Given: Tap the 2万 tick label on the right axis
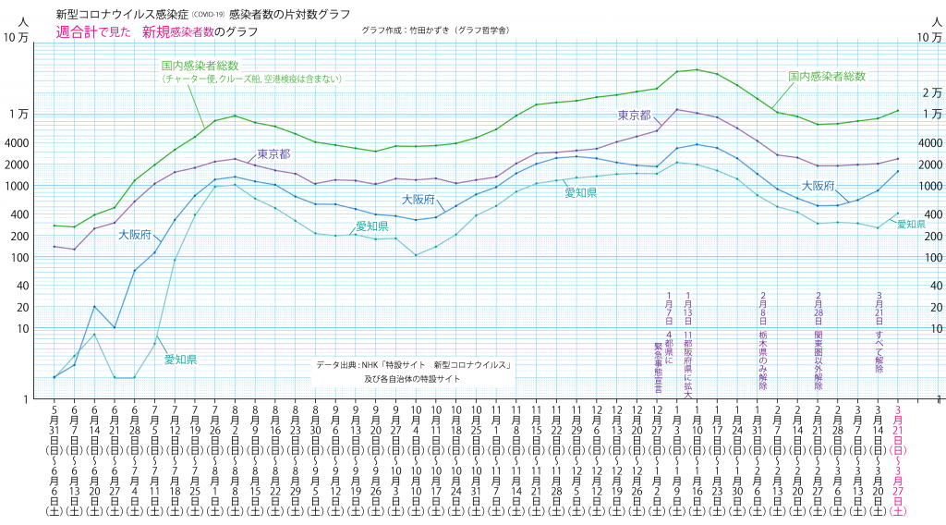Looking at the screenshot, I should click(x=931, y=92).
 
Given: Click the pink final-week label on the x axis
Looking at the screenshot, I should click(x=900, y=458).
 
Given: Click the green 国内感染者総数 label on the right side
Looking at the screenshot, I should click(x=826, y=75).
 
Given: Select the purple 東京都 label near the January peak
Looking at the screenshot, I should click(x=634, y=115).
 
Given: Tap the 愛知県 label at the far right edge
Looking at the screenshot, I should click(x=911, y=224).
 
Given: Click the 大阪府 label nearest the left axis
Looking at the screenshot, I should click(x=135, y=235).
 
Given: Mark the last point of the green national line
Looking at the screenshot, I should click(x=897, y=111).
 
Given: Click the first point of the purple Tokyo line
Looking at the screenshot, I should click(x=55, y=246).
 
